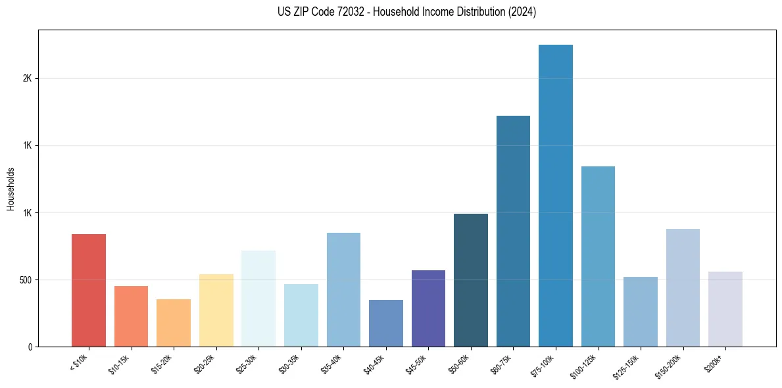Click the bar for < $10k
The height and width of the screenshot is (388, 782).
(88, 290)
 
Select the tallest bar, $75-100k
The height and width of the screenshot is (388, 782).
(556, 195)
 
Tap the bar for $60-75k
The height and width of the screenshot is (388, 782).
(513, 231)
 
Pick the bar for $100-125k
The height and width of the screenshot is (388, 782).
(598, 256)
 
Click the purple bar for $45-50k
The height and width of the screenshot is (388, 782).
(428, 308)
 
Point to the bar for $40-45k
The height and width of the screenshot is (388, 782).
(386, 323)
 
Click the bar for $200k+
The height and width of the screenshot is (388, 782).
(725, 309)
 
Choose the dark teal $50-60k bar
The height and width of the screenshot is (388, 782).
(471, 280)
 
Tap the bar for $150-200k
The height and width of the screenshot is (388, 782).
(683, 287)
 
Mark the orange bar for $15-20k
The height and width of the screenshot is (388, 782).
(174, 323)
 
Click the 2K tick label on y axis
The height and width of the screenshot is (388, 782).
(27, 78)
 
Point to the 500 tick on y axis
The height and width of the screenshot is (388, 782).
(26, 279)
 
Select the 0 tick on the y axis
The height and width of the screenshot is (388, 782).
(30, 347)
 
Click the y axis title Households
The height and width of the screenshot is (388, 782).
(11, 189)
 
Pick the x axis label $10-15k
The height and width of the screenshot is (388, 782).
(119, 364)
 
